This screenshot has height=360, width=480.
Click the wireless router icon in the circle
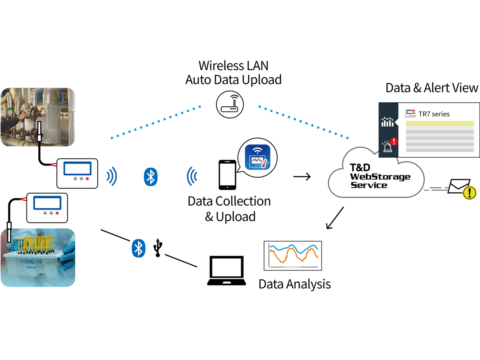click(230, 104)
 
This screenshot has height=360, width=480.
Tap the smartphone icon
click(228, 175)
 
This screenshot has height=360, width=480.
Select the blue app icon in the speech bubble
click(258, 157)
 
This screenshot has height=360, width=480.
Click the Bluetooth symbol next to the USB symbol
click(138, 248)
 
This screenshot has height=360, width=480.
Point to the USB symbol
click(158, 248)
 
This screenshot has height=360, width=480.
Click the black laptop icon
click(226, 271)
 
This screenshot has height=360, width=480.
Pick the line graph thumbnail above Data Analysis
click(293, 256)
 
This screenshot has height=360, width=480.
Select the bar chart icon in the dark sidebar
click(387, 122)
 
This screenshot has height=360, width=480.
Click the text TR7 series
click(434, 114)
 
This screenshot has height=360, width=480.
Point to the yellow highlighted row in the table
click(440, 124)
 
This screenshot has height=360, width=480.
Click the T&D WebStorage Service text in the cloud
click(380, 176)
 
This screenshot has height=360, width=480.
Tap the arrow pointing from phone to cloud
click(302, 176)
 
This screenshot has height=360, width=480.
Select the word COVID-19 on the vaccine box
click(31, 262)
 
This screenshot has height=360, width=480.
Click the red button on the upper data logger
click(87, 179)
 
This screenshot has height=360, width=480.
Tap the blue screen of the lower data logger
click(47, 203)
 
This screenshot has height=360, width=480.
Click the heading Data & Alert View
click(432, 88)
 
